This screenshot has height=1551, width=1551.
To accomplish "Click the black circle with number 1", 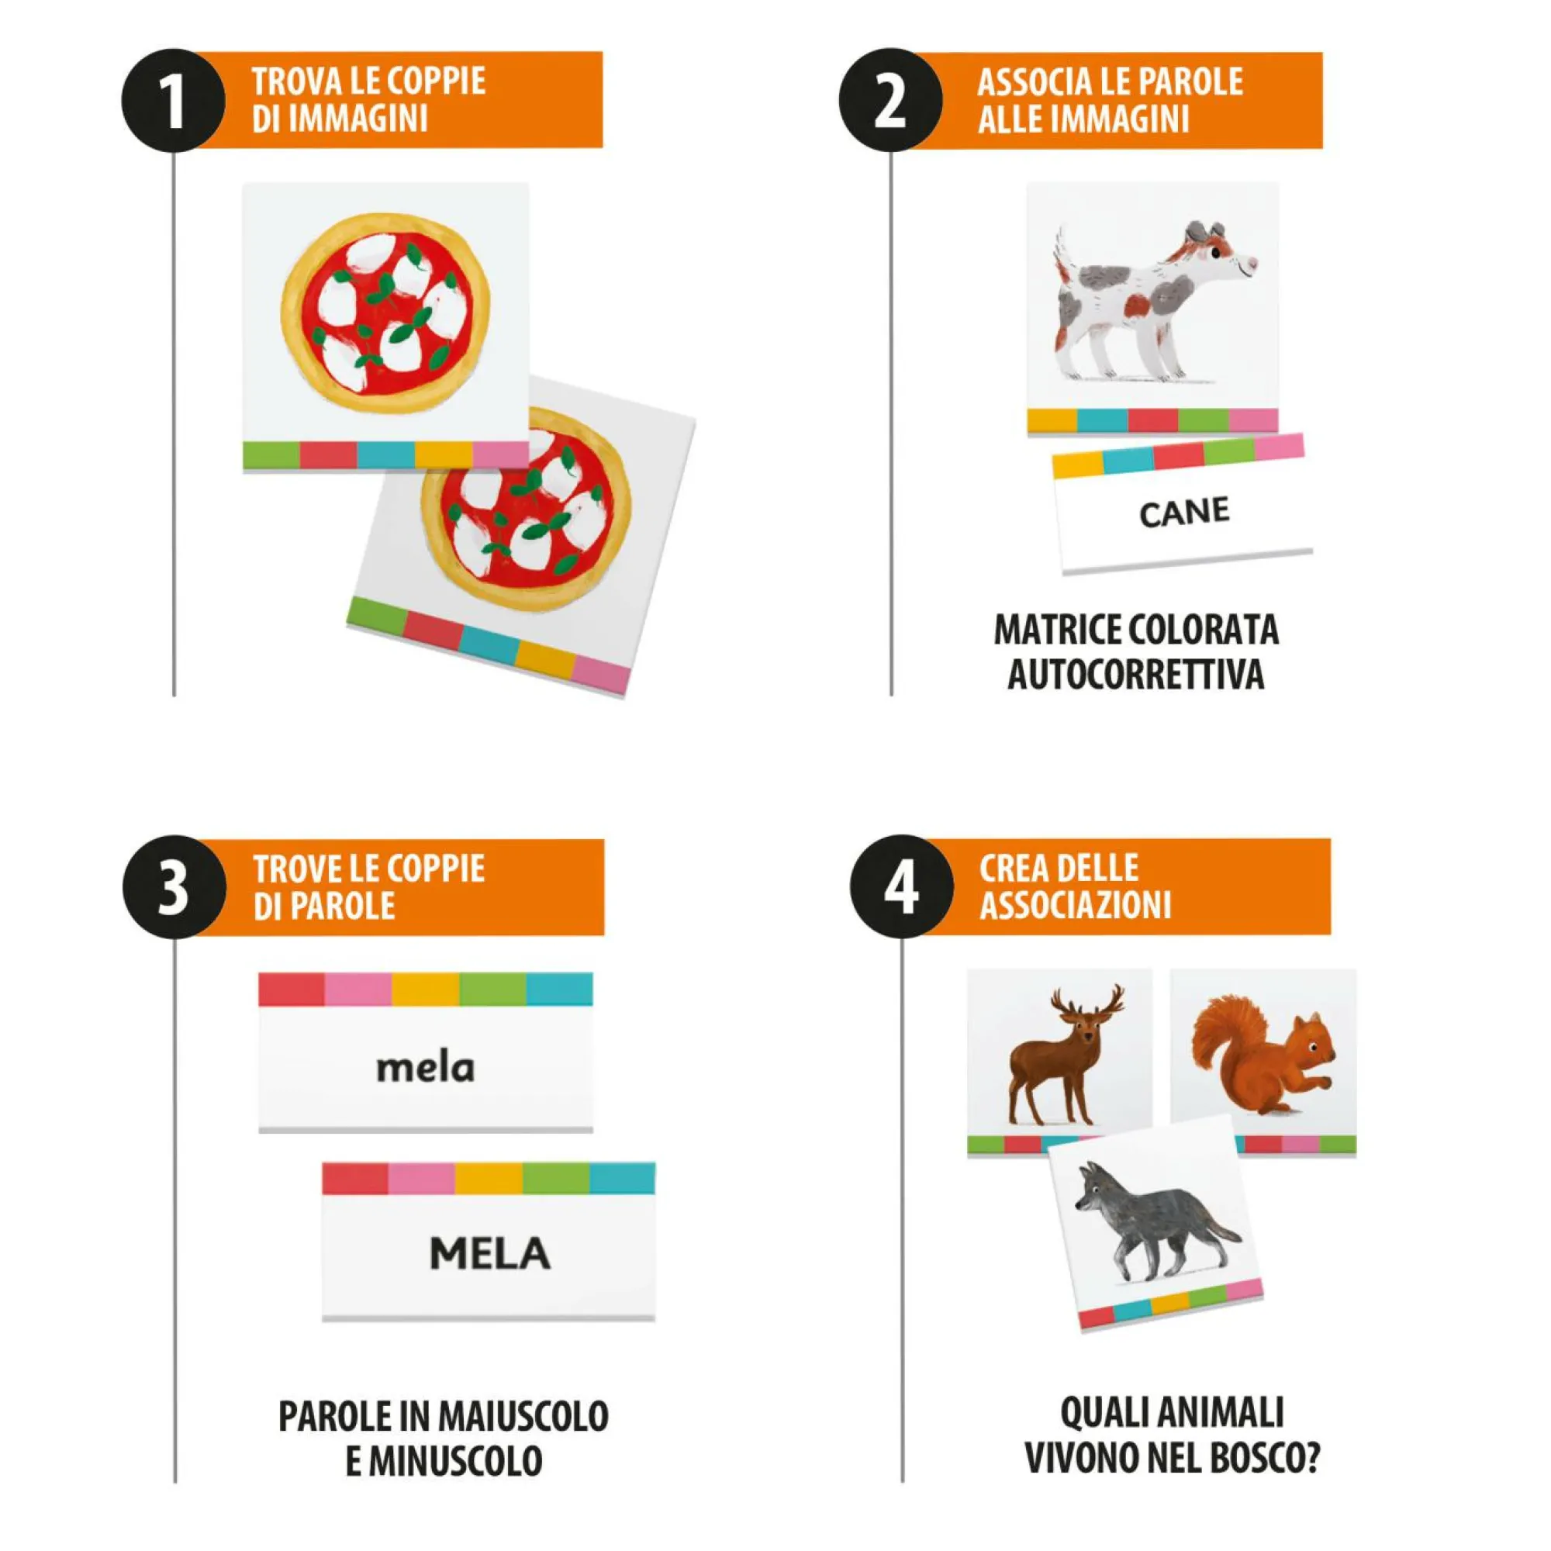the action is pos(173,100).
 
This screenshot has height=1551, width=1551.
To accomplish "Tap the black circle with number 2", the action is pos(890,100).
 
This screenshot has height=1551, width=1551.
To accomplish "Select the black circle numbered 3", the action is pos(174,887).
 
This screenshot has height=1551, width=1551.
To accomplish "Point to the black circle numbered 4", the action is pos(902,886).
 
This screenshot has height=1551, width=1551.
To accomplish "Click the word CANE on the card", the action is pos(1184,512).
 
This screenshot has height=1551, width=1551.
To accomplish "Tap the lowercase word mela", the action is pos(426,1067).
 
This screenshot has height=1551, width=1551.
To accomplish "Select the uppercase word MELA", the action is pos(489,1253).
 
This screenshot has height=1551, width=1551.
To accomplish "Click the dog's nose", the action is pos(1252,261).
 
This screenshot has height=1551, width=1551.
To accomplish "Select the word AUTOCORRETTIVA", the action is pos(1136,675).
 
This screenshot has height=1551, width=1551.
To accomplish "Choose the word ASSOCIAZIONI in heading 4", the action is pos(1075,906).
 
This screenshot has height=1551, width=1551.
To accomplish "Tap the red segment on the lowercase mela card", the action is pos(292,989).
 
